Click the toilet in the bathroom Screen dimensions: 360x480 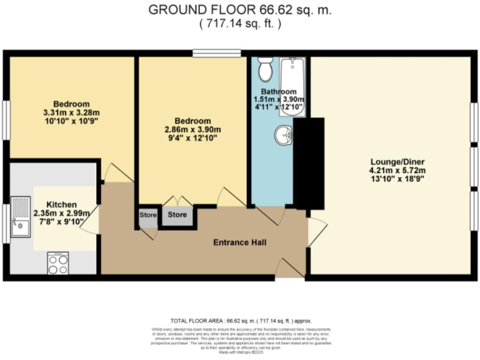coord(266,70)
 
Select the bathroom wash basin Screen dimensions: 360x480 coord(285,134)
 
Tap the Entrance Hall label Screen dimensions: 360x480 coord(240,242)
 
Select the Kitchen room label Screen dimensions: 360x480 coord(62,204)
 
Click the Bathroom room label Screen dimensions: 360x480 coord(279,91)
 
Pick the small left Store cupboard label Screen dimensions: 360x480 coord(147,215)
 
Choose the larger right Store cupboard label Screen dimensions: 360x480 coord(177,215)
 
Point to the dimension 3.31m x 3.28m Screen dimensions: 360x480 coord(71,112)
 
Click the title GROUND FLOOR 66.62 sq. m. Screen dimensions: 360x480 coord(240,10)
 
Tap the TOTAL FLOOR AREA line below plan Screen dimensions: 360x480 coord(240,320)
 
